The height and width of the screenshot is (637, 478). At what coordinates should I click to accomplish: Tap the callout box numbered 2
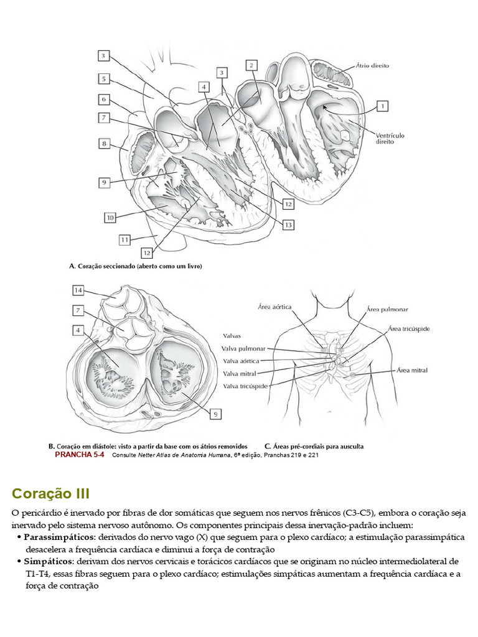[x=251, y=65]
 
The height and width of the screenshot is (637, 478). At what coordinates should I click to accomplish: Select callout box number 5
[x=105, y=79]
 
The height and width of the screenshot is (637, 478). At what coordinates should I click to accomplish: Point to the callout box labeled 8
[x=105, y=144]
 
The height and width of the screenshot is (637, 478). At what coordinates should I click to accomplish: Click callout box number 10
[x=110, y=218]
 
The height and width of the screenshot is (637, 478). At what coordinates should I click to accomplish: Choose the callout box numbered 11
[x=125, y=239]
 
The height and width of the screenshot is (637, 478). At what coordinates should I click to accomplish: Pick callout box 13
[x=288, y=225]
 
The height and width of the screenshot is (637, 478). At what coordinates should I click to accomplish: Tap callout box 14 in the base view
[x=78, y=291]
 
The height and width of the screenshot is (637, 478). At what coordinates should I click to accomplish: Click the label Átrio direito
[x=373, y=65]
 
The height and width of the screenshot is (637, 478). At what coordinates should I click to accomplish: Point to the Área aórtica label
[x=274, y=307]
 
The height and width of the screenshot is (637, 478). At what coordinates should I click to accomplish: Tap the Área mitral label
[x=411, y=371]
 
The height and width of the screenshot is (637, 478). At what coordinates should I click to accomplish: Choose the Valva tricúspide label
[x=245, y=386]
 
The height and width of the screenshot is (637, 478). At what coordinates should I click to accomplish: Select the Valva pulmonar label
[x=243, y=349]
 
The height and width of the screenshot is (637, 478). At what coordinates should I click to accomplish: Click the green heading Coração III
[x=50, y=494]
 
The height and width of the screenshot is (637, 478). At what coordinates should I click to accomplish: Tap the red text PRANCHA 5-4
[x=79, y=455]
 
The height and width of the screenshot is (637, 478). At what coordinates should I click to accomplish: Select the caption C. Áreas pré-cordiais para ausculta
[x=314, y=446]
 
